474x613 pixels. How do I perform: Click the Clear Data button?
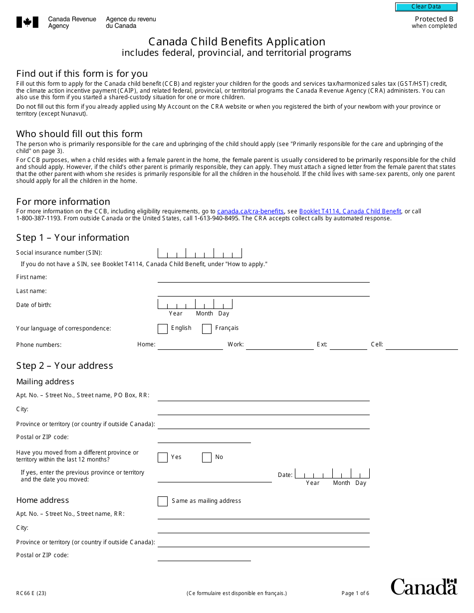(x=426, y=7)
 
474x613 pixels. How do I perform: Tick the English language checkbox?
(x=163, y=328)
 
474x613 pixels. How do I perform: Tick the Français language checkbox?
(x=207, y=328)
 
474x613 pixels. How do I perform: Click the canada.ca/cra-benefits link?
(x=250, y=211)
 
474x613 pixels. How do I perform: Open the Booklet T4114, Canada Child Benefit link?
(x=350, y=211)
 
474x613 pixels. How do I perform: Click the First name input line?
(x=263, y=278)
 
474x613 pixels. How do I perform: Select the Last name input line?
(x=263, y=292)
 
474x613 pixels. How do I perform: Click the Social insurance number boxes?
(x=200, y=253)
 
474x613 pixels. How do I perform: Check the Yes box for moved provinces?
(x=163, y=458)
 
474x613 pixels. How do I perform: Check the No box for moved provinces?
(x=207, y=458)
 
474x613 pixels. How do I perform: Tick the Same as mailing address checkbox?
(x=163, y=501)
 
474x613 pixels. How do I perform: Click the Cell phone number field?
(x=421, y=345)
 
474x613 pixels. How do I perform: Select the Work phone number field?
(x=279, y=345)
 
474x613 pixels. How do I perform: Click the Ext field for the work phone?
(x=348, y=345)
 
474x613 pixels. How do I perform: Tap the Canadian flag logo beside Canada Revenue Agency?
(x=27, y=22)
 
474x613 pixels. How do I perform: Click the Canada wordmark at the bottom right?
(x=424, y=587)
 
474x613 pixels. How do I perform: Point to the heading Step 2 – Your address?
(x=64, y=366)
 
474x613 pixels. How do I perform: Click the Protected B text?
(x=434, y=19)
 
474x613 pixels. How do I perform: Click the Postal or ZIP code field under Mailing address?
(x=204, y=438)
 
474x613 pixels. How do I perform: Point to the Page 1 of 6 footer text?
(x=355, y=593)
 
